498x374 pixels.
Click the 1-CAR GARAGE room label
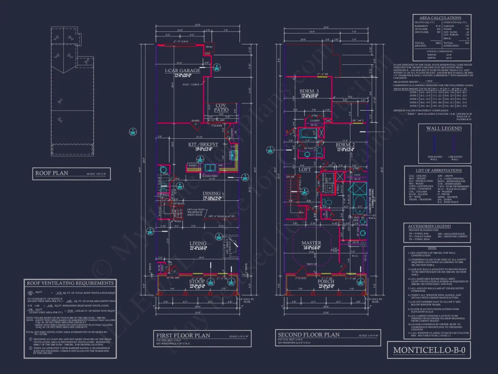click(182, 71)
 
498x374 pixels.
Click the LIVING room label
click(198, 243)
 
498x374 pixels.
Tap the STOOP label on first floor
click(197, 281)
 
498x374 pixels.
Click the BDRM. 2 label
click(345, 145)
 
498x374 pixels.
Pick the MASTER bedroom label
click(311, 243)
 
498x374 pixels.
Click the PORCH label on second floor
click(326, 281)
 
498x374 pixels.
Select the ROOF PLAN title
click(52, 173)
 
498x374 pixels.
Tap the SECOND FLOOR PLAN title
click(308, 335)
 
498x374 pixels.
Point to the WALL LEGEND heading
click(444, 128)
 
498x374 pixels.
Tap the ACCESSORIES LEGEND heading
click(429, 226)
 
